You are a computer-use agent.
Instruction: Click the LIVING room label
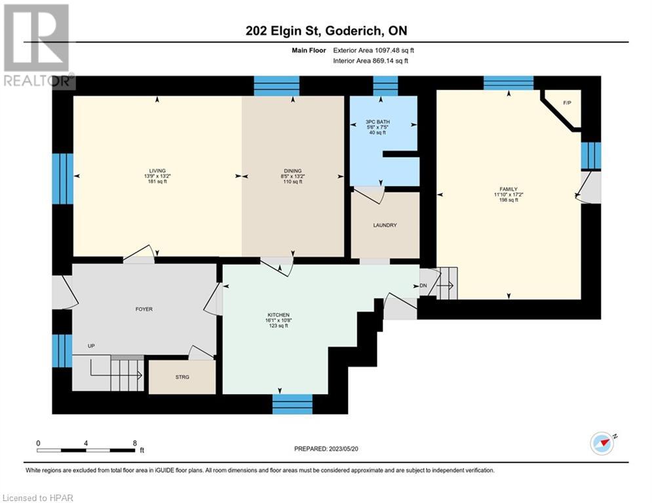[157, 170]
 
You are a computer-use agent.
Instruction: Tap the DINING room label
[293, 170]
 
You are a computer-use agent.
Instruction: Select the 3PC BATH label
[377, 122]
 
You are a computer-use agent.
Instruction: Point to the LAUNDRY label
[385, 225]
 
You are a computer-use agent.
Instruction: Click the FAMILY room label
[508, 189]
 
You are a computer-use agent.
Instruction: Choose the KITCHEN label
[278, 314]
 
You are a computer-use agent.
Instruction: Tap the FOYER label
[144, 309]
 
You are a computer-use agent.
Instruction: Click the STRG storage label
[182, 377]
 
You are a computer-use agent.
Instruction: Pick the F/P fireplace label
[567, 103]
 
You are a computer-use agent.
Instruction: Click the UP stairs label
[91, 346]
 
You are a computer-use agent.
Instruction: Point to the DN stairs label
[423, 286]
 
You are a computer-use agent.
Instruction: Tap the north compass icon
[603, 443]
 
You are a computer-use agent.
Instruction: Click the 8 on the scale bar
[135, 443]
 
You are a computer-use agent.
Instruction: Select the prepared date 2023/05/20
[343, 449]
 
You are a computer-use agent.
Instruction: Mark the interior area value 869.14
[385, 61]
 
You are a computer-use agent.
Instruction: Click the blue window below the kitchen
[292, 404]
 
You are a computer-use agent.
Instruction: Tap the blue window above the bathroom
[385, 86]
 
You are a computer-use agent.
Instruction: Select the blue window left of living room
[63, 179]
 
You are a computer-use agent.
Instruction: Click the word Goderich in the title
[353, 31]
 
